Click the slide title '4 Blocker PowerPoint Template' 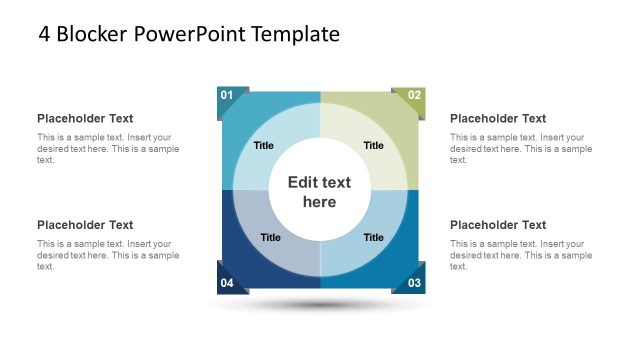click(x=189, y=35)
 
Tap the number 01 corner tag click(x=227, y=96)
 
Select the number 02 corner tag click(x=414, y=96)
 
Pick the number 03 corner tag click(x=414, y=283)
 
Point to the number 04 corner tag click(x=227, y=283)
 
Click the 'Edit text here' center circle click(x=320, y=192)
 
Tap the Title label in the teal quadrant click(x=264, y=145)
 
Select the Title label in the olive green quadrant click(x=373, y=145)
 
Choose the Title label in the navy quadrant click(x=271, y=237)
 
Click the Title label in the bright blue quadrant click(x=373, y=237)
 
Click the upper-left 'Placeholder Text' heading click(x=85, y=118)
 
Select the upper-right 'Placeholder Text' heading click(x=498, y=118)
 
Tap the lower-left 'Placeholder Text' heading click(x=85, y=225)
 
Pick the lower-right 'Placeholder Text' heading click(x=498, y=225)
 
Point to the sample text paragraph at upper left click(x=108, y=148)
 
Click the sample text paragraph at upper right click(x=520, y=148)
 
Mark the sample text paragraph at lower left click(x=108, y=255)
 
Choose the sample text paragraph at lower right click(x=520, y=255)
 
